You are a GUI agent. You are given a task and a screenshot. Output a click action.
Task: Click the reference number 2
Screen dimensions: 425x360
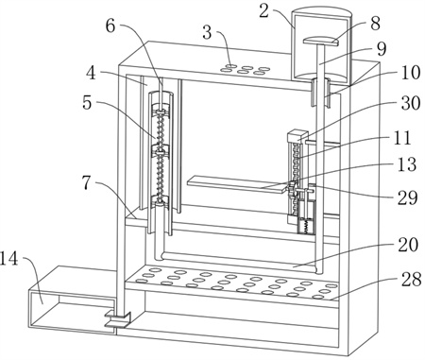265,11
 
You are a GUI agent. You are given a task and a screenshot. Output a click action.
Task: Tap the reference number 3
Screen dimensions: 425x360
207,32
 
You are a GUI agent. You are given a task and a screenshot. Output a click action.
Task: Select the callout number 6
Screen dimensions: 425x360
110,26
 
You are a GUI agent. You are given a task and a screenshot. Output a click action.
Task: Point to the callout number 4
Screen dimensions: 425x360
92,73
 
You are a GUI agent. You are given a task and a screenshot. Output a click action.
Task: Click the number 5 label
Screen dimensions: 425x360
87,102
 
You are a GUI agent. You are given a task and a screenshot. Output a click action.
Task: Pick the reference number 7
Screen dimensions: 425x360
87,182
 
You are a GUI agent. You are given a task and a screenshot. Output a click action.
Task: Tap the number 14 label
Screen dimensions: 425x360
9,260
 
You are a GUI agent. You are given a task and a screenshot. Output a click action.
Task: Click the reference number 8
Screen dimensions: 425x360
375,24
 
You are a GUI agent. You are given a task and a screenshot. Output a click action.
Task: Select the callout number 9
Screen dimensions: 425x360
382,48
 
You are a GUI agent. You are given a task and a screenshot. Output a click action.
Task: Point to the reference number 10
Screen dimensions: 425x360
411,73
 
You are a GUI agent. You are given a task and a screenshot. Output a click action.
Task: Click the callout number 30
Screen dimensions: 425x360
411,103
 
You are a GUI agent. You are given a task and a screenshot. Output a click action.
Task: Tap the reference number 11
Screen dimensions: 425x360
401,138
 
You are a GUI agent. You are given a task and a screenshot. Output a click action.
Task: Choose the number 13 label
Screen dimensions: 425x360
407,164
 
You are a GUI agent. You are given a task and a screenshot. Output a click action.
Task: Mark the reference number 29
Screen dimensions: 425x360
407,197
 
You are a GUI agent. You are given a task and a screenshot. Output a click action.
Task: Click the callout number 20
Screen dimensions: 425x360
408,245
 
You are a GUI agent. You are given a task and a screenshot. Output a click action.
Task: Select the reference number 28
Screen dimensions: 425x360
411,279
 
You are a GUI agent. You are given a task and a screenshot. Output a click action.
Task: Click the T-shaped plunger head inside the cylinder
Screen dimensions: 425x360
320,42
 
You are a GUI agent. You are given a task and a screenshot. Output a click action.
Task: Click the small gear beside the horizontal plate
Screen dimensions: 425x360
292,189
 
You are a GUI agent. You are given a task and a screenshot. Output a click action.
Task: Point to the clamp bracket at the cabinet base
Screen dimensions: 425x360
118,319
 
